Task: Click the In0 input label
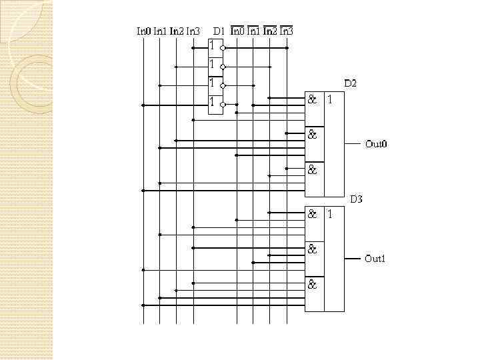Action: (144, 31)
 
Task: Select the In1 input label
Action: (160, 31)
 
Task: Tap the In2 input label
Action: (177, 31)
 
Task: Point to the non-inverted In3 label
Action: (193, 31)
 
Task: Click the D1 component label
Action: (219, 31)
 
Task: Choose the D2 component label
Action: (350, 83)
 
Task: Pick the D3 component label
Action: (357, 199)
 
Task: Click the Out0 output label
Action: (376, 144)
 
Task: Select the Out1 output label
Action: (375, 259)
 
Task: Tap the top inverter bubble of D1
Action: (224, 48)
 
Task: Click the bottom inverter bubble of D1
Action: (224, 105)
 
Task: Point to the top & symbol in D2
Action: (312, 100)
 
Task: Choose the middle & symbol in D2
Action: (312, 135)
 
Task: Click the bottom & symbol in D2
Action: (312, 170)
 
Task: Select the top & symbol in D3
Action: (312, 215)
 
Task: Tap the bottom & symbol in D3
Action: (312, 285)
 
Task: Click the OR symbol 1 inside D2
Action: (329, 100)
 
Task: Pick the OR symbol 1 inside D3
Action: (329, 215)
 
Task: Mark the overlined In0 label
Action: (237, 31)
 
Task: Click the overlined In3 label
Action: (286, 31)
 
